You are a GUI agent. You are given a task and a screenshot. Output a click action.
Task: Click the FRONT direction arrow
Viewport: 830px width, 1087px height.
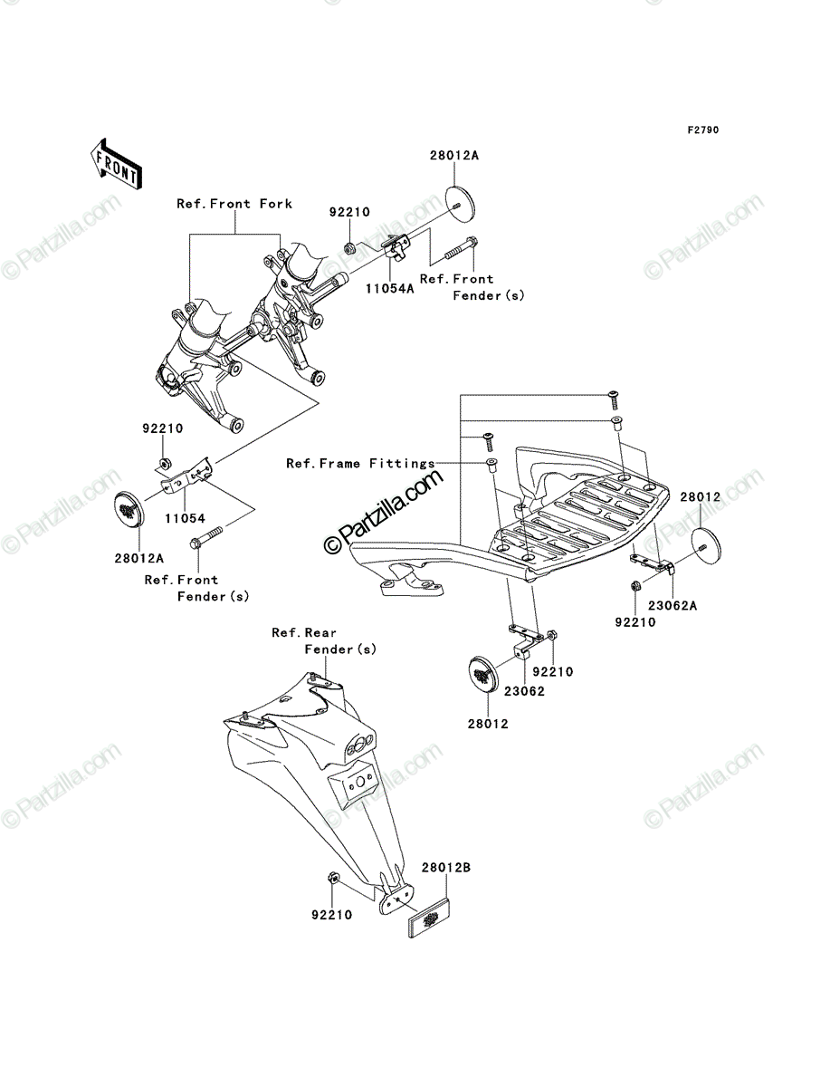[x=116, y=163]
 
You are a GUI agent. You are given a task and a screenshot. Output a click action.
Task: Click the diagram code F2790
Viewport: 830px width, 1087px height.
[x=703, y=130]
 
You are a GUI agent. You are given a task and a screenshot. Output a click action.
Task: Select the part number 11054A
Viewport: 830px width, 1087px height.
[x=390, y=289]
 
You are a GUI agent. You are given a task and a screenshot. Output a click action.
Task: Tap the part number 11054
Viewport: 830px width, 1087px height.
[x=185, y=518]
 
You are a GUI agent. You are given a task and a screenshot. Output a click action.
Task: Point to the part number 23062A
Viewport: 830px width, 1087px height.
[x=673, y=606]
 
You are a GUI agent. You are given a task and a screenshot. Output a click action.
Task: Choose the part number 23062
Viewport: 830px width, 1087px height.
[x=524, y=691]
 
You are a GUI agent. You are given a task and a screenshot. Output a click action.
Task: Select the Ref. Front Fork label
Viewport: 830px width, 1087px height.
[x=234, y=204]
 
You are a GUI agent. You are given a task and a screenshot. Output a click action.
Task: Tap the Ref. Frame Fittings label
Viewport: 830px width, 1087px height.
[x=360, y=464]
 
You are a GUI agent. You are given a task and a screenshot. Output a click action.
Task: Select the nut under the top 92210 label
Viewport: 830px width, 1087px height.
[x=349, y=247]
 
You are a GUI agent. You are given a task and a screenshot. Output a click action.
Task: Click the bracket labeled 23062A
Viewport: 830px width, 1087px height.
[x=652, y=563]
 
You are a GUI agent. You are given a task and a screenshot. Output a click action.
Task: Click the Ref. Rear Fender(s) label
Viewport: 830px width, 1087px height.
[x=324, y=641]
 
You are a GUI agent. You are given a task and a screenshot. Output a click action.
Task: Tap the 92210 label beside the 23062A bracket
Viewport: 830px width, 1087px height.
[x=635, y=622]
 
